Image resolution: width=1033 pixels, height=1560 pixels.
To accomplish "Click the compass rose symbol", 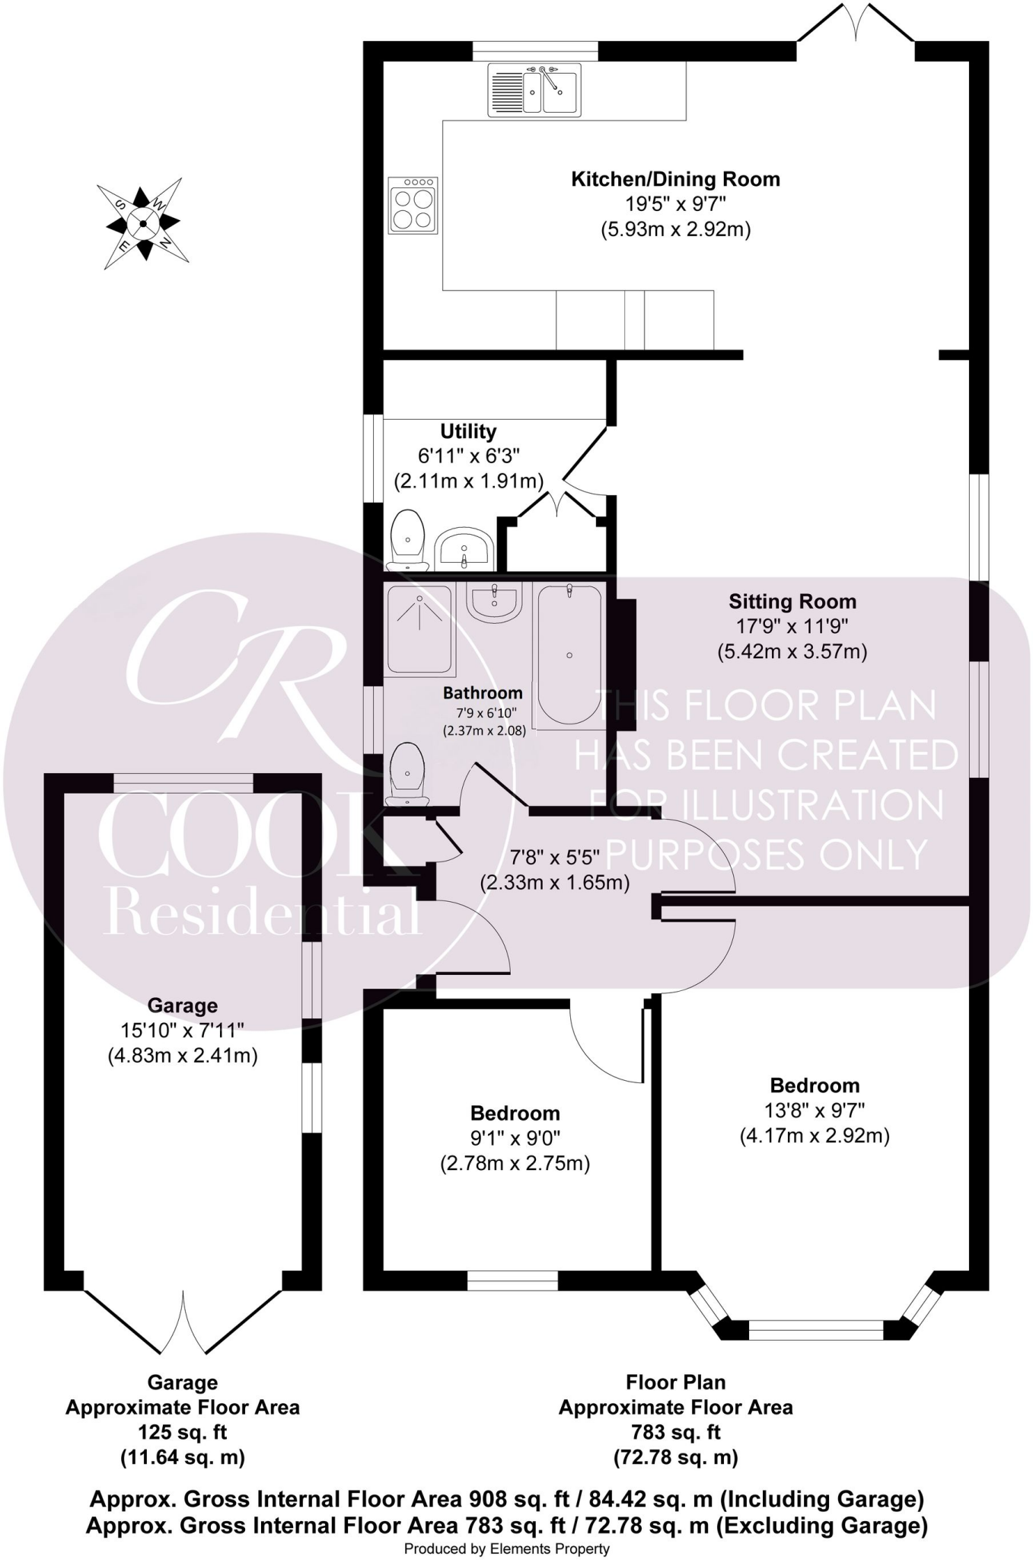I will [143, 223].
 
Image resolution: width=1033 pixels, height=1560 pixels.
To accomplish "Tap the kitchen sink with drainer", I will [534, 89].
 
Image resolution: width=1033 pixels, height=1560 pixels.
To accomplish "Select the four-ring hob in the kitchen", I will [413, 206].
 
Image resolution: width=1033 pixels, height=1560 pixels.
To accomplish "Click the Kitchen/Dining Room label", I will [675, 180].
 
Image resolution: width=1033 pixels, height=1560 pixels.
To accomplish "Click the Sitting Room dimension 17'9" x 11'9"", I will [792, 627].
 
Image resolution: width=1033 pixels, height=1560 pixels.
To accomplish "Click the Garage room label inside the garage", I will [183, 1005].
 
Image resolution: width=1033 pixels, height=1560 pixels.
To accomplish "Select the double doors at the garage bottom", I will [183, 1324].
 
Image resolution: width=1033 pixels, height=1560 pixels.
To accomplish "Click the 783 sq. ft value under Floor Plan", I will [675, 1432].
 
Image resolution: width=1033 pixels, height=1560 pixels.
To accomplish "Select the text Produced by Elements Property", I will [506, 1549].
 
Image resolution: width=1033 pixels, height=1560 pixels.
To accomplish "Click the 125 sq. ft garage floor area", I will [183, 1432].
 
